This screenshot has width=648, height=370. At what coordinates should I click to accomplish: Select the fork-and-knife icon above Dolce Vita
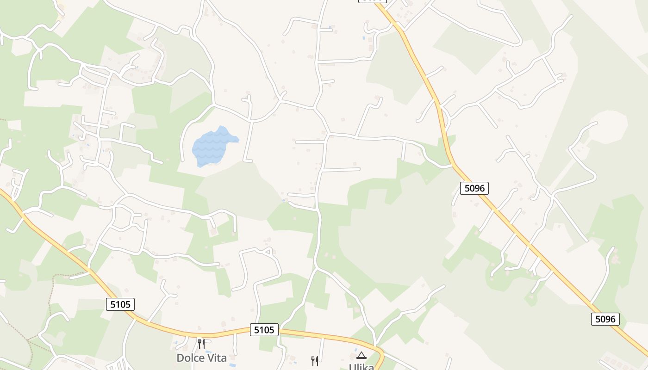(x=201, y=344)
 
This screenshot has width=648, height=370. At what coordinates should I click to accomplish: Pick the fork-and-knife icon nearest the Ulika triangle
(x=315, y=361)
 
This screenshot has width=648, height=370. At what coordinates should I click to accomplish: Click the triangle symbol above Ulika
(x=361, y=355)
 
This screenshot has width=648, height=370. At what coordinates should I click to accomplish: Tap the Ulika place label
(x=361, y=366)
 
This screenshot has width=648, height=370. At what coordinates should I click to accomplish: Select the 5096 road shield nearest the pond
(x=474, y=188)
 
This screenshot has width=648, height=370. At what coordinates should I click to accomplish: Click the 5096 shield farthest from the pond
(x=605, y=319)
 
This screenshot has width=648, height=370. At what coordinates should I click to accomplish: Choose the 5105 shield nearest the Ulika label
(x=265, y=330)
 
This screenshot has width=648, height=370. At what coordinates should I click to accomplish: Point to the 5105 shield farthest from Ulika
(x=120, y=304)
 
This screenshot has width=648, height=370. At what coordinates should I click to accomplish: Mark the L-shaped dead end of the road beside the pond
(x=248, y=160)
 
